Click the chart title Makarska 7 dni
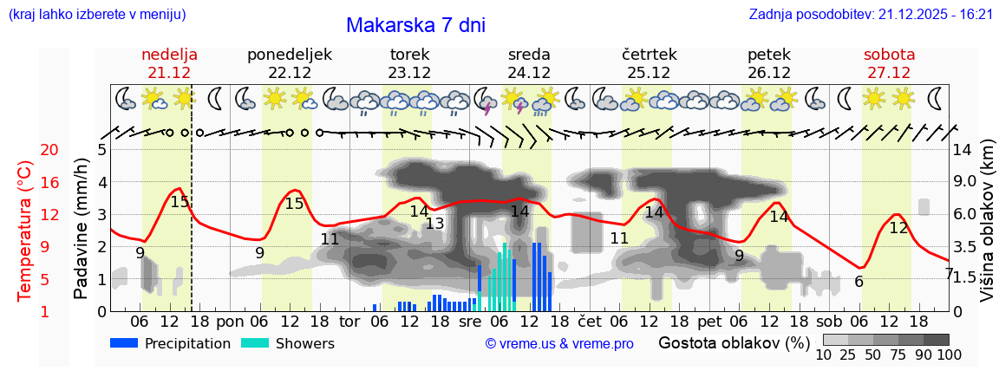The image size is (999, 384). tap(415, 25)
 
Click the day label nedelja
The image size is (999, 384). tap(169, 55)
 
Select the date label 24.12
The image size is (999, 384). tap(529, 73)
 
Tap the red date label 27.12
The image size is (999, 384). tap(889, 73)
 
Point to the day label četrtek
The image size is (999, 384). tap(649, 55)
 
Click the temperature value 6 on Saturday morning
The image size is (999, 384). tap(859, 282)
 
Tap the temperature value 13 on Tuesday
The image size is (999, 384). tap(434, 224)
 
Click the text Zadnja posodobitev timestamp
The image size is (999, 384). tap(871, 15)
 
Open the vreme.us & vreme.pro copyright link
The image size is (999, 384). tap(559, 344)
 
